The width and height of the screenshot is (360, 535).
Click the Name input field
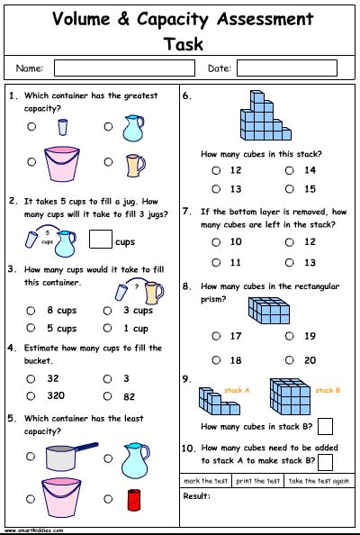(111, 68)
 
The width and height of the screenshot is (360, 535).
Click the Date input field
(286, 68)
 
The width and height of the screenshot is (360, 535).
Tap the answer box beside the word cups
(101, 239)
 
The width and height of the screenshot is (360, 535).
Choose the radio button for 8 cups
(31, 310)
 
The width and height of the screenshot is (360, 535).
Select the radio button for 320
(31, 395)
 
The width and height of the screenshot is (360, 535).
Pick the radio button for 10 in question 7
(215, 242)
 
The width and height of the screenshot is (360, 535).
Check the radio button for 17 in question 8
(215, 336)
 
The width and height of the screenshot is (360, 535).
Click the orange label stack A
(237, 390)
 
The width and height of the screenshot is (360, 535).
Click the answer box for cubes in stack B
(325, 426)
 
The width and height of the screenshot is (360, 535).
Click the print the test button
(257, 481)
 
